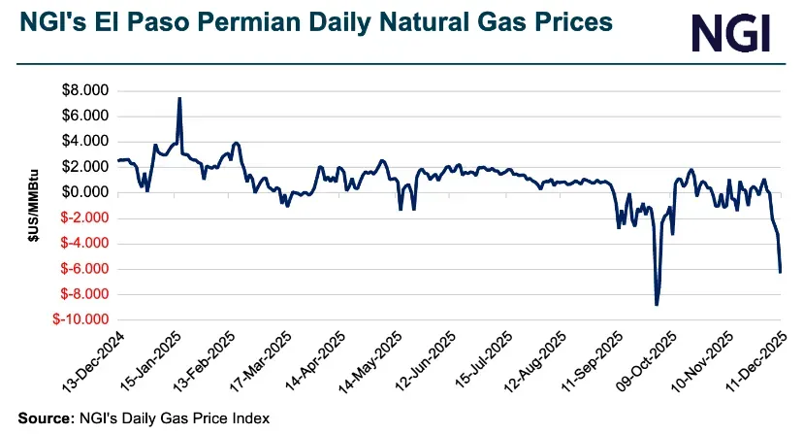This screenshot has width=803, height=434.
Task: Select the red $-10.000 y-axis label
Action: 82,319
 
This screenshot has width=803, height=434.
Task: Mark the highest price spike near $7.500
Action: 179,98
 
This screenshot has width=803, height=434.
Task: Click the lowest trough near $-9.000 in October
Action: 657,305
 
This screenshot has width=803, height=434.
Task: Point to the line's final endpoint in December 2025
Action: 781,272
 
